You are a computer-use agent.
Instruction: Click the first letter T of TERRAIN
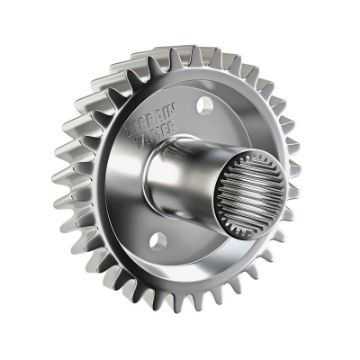click(129, 131)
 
